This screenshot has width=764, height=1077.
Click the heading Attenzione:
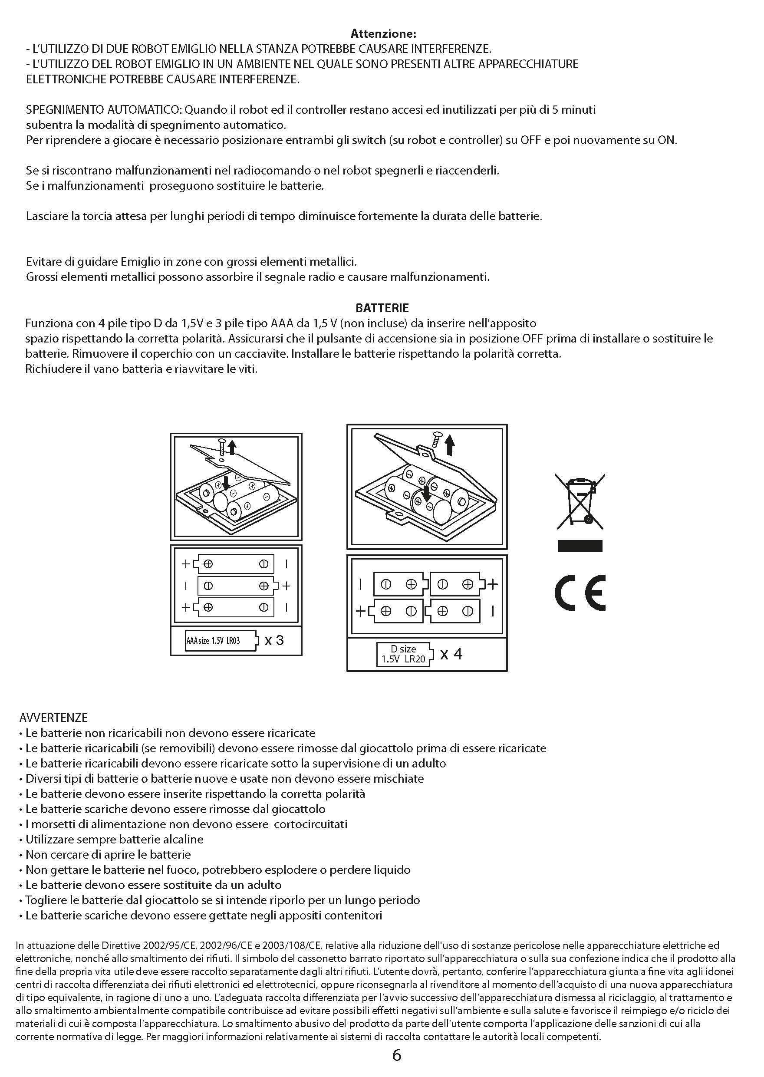[383, 34]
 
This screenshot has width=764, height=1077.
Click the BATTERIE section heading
[382, 308]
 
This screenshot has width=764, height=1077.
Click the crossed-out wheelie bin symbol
[580, 501]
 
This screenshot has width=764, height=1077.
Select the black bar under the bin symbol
[580, 546]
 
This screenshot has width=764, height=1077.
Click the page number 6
[397, 1055]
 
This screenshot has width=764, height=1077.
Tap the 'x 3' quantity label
[274, 640]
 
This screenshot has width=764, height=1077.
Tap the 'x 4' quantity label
[451, 654]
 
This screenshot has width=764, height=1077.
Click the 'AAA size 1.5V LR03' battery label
[221, 641]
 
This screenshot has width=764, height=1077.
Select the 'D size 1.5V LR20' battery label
[404, 654]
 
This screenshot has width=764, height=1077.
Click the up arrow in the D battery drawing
[450, 445]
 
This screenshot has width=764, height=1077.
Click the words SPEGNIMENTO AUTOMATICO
[103, 110]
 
